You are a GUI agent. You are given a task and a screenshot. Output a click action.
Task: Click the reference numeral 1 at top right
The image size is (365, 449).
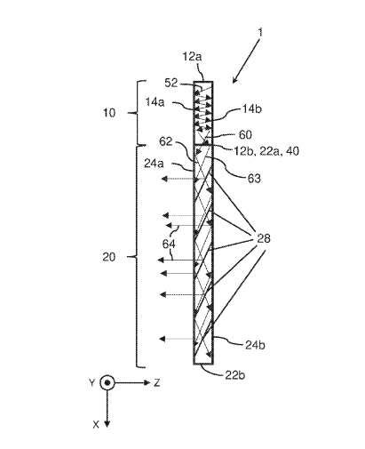(x=260, y=32)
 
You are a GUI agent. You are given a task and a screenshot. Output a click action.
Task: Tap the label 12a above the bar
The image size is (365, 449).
(x=192, y=56)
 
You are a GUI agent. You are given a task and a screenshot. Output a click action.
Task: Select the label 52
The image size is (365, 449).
(x=171, y=83)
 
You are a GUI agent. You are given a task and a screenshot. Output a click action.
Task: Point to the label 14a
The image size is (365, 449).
(x=155, y=102)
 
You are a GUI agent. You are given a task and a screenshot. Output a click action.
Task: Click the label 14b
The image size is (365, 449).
(x=252, y=109)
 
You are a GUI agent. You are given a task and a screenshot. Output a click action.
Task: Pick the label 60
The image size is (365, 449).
(x=245, y=135)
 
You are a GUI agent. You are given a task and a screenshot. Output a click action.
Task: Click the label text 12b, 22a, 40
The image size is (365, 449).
(x=266, y=151)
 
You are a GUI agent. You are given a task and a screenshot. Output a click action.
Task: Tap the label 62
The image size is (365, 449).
(x=166, y=141)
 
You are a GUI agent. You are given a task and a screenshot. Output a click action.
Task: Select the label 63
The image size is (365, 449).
(x=254, y=179)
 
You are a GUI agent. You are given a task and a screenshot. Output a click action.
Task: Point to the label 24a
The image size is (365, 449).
(x=154, y=164)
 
